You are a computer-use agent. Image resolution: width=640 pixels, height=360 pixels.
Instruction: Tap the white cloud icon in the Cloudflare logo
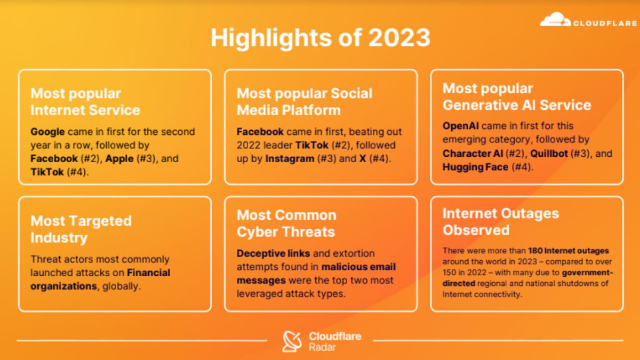(x=555, y=21)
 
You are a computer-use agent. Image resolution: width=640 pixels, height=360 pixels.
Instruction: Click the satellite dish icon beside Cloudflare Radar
(x=292, y=341)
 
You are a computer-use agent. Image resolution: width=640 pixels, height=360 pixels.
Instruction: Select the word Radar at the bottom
(x=322, y=347)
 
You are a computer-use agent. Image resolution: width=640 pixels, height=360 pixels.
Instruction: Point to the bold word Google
(x=47, y=131)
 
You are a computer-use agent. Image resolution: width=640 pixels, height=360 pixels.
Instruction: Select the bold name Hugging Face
(x=475, y=167)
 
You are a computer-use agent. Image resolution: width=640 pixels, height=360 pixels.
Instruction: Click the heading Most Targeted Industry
(x=81, y=229)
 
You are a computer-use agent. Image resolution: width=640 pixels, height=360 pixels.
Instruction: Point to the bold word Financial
(x=149, y=273)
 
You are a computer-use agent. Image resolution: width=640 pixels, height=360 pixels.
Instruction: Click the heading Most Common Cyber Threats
(x=286, y=223)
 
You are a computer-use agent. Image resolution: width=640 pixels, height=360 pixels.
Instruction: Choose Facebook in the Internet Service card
(x=54, y=158)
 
